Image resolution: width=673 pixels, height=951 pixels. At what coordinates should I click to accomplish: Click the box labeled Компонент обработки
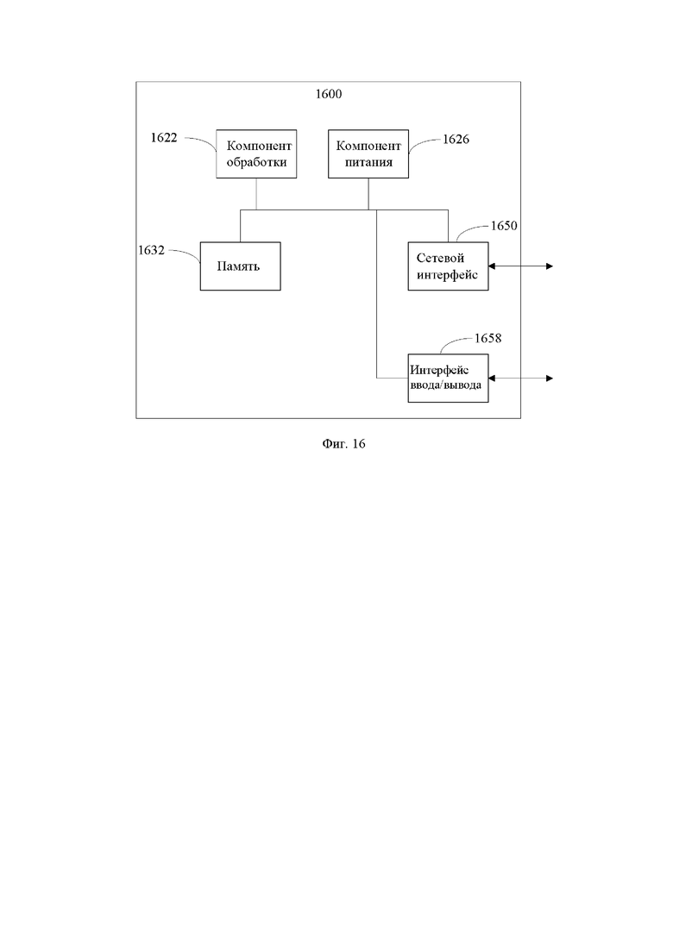coord(256,153)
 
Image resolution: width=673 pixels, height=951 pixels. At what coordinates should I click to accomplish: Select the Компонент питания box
coord(368,153)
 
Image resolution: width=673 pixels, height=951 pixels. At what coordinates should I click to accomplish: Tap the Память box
coord(241,266)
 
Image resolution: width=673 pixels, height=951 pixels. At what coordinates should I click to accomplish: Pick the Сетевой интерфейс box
coord(448,266)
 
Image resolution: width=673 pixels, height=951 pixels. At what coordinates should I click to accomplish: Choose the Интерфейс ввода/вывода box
coord(448,378)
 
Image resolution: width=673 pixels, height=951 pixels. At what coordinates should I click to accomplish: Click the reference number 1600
coord(329,94)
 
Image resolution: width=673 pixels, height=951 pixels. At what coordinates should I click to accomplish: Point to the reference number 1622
coord(164,138)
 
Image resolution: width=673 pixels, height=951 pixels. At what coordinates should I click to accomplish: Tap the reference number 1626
coord(456,140)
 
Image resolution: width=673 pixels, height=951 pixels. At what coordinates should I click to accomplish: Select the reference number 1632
coord(151,250)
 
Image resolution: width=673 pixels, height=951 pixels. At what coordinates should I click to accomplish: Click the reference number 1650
coord(504,226)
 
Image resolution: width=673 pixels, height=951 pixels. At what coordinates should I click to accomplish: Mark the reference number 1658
coord(487,339)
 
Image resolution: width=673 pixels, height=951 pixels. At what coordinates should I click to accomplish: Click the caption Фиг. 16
coord(343,444)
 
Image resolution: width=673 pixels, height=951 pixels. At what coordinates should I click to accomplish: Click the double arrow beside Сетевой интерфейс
coord(520,266)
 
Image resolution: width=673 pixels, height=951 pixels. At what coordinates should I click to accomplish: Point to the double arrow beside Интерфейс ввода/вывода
coord(520,379)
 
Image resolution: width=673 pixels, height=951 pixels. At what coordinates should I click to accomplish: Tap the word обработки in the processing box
coord(257,163)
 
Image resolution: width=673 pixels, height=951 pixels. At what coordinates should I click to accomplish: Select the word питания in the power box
coord(369,163)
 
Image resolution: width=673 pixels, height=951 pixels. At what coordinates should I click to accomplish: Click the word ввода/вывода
coord(446,385)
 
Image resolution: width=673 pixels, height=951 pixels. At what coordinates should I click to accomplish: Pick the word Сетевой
coord(441,259)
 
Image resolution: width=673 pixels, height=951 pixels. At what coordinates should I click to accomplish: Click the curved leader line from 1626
coord(425,144)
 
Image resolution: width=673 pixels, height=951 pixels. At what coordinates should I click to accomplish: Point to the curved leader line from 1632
coord(186,254)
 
